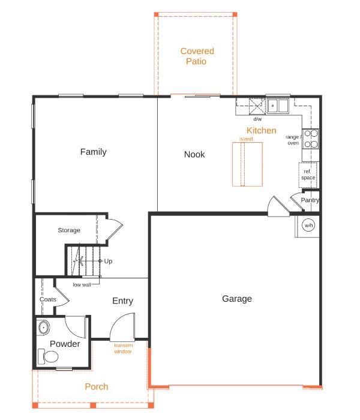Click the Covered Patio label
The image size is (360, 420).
197,56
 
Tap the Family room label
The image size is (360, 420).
94,152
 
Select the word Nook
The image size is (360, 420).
194,154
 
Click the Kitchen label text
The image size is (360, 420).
262,130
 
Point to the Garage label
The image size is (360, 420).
237,299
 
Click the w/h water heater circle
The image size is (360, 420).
308,226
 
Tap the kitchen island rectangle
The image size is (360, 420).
247,164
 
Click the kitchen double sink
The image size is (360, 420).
278,106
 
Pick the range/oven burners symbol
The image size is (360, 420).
311,139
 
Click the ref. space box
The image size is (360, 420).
308,175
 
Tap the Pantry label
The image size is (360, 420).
310,200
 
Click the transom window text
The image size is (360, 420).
123,348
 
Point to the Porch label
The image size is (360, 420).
96,387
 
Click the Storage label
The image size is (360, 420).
69,230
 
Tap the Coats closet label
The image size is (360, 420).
48,299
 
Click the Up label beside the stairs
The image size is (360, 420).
108,261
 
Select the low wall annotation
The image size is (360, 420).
82,284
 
